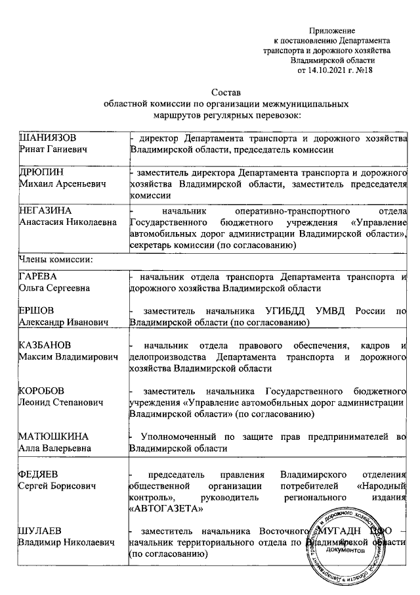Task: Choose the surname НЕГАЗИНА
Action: (x=43, y=211)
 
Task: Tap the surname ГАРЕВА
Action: (x=39, y=277)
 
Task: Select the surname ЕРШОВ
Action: (x=37, y=311)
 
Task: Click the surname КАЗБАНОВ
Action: (x=44, y=345)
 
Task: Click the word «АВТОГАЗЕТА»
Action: (x=167, y=508)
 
